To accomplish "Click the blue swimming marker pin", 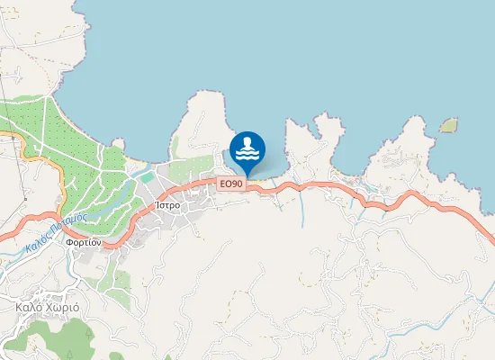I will tap(247, 149).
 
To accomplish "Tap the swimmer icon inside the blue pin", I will tap(247, 147).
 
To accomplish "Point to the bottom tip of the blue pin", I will tap(247, 176).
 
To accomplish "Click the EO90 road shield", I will tap(231, 184).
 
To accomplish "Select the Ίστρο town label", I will tap(168, 205).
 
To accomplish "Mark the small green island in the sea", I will tap(448, 125).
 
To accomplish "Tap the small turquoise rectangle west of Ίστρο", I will tap(147, 177).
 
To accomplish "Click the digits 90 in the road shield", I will tap(237, 184).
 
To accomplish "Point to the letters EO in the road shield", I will tap(226, 184).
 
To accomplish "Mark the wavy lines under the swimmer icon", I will tap(247, 155).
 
